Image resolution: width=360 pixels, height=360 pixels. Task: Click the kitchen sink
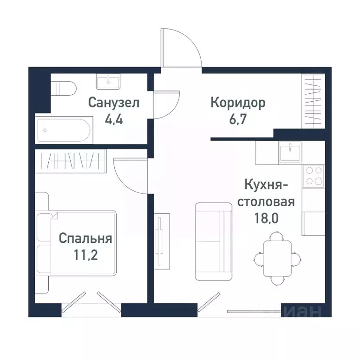tap(291, 152)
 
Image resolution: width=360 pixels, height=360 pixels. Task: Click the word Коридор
tap(238, 102)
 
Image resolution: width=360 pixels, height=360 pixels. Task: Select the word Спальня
tap(85, 239)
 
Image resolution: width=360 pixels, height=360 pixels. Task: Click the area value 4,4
tap(114, 118)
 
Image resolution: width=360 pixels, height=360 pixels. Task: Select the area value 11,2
tap(85, 255)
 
